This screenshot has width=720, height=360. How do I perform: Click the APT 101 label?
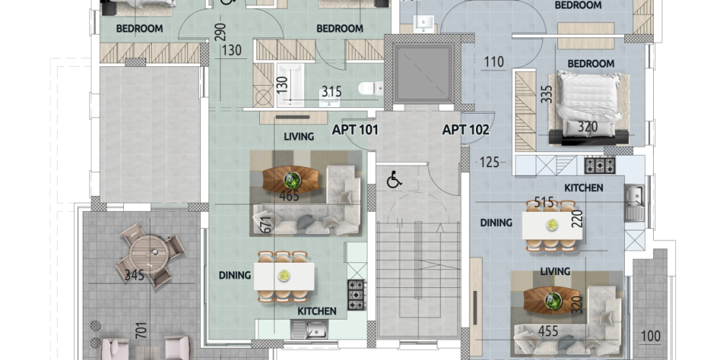[355, 130]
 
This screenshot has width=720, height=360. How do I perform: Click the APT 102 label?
[466, 130]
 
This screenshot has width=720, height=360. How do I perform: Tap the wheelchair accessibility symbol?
[394, 179]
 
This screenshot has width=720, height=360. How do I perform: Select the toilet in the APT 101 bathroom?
[371, 88]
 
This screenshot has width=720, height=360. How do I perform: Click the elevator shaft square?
[423, 74]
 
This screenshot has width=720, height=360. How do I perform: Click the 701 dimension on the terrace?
[142, 330]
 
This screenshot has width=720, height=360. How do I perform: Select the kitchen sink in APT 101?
[310, 329]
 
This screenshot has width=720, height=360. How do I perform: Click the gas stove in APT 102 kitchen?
[600, 166]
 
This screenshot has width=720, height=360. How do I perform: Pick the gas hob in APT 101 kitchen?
[356, 294]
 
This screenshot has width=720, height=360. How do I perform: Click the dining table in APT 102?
[552, 225]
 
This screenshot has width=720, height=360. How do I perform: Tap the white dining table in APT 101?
[284, 276]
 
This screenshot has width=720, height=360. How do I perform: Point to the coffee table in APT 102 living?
[552, 300]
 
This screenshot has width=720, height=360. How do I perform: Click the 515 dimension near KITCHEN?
[544, 202]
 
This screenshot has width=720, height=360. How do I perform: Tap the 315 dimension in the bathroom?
[331, 91]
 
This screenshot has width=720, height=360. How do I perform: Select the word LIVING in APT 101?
[299, 136]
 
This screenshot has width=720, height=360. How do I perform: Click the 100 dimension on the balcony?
[650, 336]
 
